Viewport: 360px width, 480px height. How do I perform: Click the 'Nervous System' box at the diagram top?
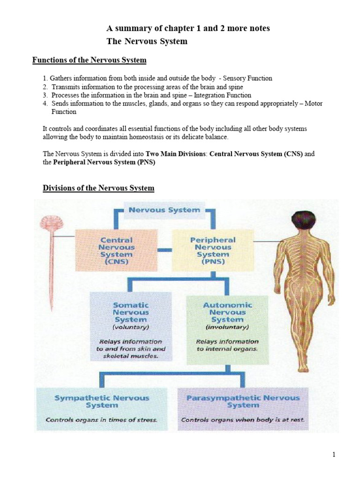point(164,210)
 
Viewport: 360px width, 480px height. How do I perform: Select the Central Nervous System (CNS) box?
point(117,251)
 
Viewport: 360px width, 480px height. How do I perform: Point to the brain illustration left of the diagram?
point(46,225)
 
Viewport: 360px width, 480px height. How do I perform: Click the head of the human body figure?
point(304,220)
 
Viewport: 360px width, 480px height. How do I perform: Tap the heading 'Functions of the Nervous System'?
point(89,60)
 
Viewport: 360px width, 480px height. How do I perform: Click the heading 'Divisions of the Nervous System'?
point(98,188)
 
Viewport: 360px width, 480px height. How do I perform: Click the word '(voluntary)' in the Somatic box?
point(131,327)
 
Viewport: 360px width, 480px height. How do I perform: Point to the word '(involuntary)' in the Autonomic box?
point(226,327)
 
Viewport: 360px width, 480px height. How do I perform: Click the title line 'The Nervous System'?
point(147,41)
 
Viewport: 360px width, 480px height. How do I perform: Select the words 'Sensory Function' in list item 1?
point(248,78)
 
